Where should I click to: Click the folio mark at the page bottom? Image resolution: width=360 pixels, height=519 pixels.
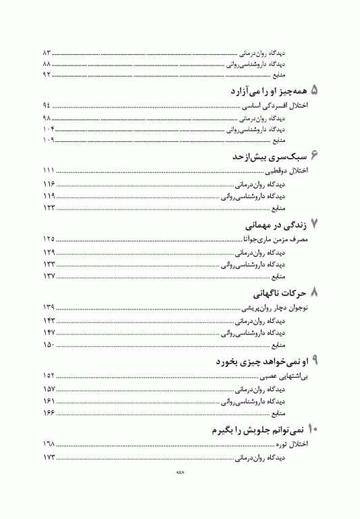[181, 492]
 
